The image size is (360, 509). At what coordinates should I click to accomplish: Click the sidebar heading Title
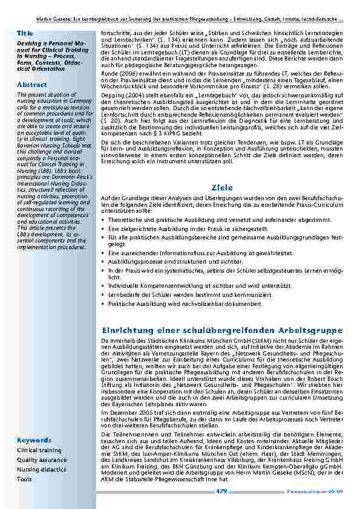25,32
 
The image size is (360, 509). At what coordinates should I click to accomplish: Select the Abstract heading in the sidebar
32,84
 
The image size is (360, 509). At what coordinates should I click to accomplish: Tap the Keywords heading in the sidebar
34,440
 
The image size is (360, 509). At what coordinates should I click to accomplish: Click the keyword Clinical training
39,450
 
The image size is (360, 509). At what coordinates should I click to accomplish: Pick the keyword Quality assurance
42,460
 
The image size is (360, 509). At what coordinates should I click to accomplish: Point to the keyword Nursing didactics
41,470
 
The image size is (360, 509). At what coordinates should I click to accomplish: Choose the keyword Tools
24,479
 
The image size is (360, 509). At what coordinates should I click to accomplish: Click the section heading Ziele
222,188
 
